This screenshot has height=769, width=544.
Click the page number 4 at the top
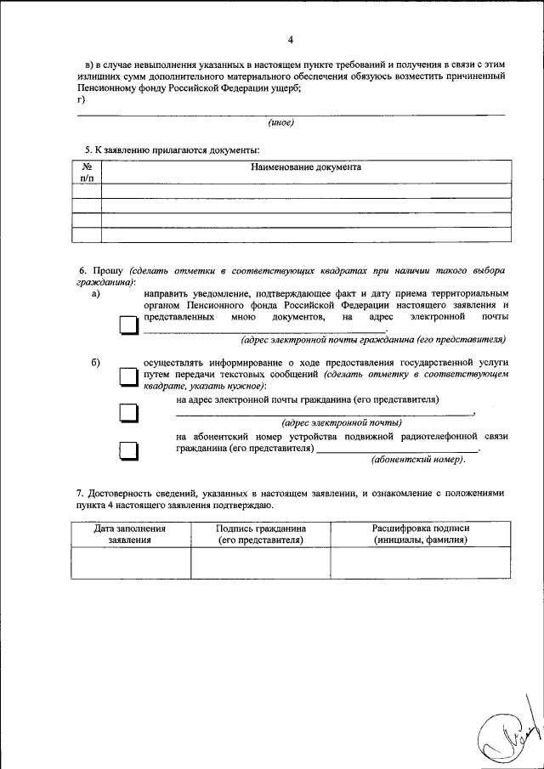pos(291,40)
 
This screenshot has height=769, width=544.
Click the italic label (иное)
pos(281,122)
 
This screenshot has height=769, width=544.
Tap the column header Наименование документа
pos(306,167)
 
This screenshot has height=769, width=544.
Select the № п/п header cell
pos(87,172)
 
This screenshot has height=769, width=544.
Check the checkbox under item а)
pos(127,327)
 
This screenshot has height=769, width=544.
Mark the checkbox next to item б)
pos(127,376)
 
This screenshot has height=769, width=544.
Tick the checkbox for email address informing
pos(127,413)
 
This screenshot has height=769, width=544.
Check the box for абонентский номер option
pos(127,450)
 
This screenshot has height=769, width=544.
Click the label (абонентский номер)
pos(419,460)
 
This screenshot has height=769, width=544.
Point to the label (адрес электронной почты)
pos(342,422)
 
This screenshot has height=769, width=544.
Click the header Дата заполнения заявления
pos(130,534)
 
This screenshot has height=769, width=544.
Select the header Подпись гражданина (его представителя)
pos(260,534)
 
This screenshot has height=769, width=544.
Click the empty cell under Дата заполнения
pos(130,563)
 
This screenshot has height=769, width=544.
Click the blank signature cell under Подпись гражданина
pos(260,563)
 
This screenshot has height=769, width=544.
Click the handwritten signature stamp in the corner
pos(507,734)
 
